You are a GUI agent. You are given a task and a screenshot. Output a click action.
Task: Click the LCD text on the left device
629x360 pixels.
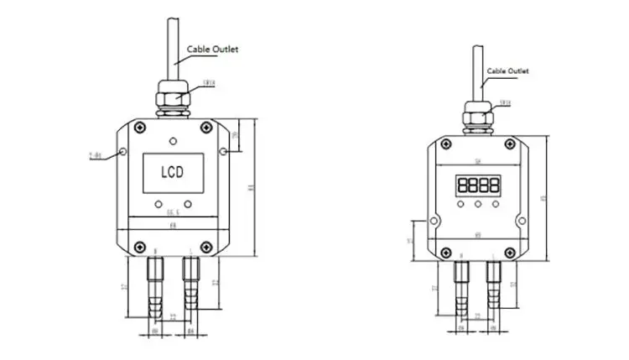click(173, 174)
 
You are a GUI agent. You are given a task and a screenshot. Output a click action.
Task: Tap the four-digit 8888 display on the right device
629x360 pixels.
click(478, 185)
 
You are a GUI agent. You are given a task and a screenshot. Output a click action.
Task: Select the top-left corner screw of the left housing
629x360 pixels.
click(138, 128)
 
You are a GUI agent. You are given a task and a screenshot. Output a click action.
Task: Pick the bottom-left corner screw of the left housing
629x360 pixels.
click(138, 246)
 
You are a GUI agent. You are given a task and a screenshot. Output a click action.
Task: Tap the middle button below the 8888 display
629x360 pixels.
click(478, 203)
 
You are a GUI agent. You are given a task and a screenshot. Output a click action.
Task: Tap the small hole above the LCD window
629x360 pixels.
click(173, 139)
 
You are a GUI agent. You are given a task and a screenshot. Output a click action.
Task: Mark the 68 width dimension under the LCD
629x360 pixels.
click(173, 225)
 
